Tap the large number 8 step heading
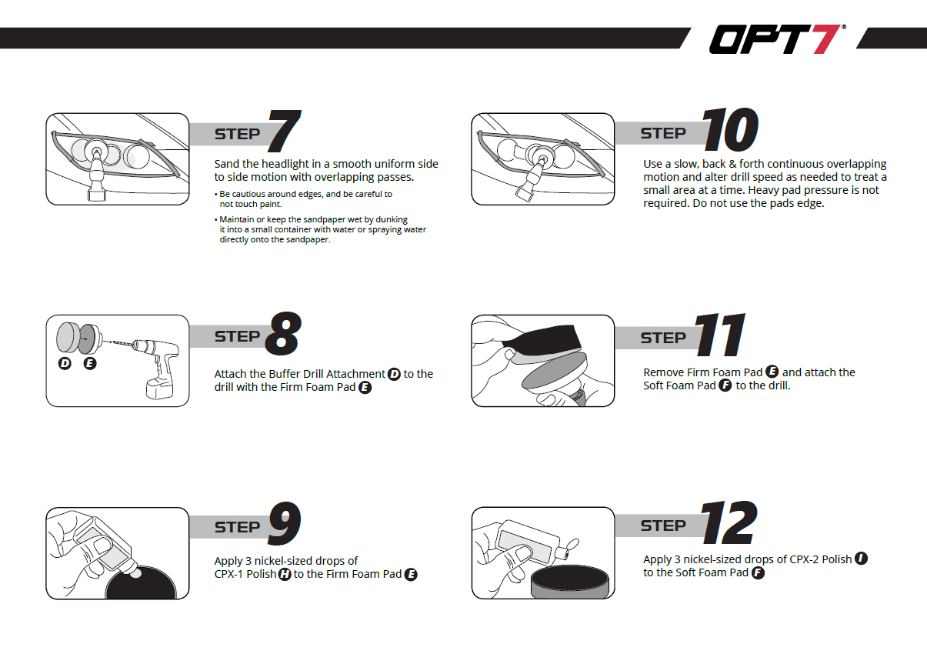coord(282,335)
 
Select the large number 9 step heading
coord(283,526)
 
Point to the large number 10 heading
coord(730,130)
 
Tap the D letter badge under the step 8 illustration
coord(65,363)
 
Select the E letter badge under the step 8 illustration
coord(90,363)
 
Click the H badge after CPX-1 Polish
coord(284,575)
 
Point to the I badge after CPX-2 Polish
coord(861,559)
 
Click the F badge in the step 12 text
coord(758,572)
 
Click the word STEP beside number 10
coord(662,133)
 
